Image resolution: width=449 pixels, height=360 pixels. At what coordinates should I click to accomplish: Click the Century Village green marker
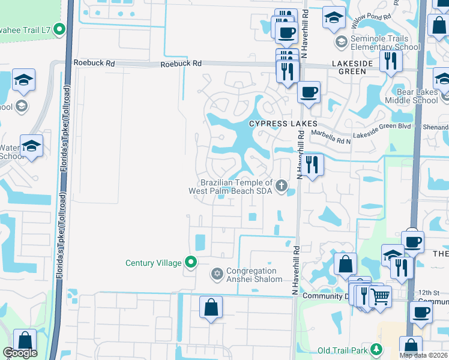point(191,262)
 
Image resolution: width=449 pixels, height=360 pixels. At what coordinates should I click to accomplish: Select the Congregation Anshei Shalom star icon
point(217,274)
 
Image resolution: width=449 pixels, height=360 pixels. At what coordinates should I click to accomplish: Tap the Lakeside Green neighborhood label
point(352,67)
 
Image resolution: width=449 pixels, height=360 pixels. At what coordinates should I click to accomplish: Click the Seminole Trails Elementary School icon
point(342,42)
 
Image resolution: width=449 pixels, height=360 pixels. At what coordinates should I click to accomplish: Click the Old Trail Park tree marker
point(376,349)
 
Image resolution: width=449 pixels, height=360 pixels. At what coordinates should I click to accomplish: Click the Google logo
point(20,353)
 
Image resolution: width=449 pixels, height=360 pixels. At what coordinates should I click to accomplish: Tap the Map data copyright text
point(423,355)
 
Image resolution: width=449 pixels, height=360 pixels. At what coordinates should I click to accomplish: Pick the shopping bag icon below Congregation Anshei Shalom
point(211,307)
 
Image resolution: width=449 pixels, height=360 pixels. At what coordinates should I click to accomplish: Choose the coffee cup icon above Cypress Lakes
point(309,92)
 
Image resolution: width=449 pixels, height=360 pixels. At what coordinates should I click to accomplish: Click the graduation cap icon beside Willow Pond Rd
point(334,17)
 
